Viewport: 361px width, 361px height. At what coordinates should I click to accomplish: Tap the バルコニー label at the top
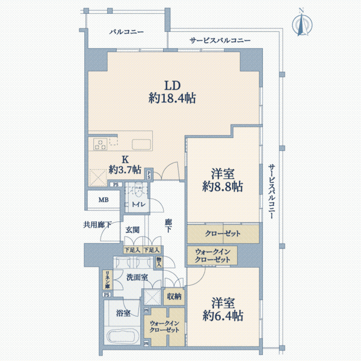point(126,32)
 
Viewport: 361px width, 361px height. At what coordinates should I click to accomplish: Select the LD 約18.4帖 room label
point(172,92)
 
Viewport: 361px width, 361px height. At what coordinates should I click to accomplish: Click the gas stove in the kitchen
point(100,144)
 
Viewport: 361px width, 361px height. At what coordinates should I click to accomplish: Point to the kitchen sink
point(141,144)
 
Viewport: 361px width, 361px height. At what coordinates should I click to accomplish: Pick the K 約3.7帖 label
point(125,165)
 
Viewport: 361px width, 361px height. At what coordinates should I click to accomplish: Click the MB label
point(103,200)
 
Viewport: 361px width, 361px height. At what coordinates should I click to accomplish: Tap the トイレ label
point(138,204)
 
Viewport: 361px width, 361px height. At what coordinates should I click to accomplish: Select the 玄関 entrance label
point(132,230)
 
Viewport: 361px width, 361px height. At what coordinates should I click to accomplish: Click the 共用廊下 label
point(97,224)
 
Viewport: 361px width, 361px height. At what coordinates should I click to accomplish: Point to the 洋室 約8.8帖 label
point(223,180)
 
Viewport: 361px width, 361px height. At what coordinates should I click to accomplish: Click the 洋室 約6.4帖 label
point(223,309)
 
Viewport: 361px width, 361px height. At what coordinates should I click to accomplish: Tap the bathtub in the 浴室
point(123,337)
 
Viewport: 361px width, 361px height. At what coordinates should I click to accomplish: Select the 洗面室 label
point(137,277)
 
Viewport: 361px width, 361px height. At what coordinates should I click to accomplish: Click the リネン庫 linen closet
point(108,280)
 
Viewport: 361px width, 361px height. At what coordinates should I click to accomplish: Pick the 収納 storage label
point(174,297)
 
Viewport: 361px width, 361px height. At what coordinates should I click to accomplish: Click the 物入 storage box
point(159,262)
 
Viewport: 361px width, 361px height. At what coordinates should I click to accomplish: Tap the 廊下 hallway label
point(168,226)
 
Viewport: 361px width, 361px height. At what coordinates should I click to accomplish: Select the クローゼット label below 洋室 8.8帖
point(223,233)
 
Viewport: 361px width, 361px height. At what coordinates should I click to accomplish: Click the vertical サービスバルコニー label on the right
point(272,191)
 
